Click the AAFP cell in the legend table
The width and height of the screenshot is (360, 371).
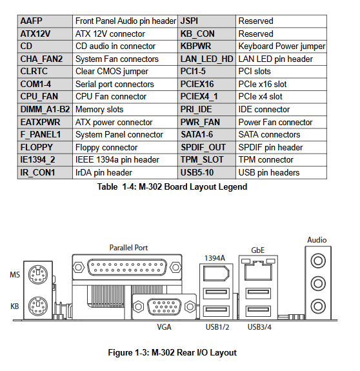[x=45, y=21]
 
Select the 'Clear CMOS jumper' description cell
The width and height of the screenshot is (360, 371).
[x=125, y=72]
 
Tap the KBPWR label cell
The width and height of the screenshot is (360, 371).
[x=206, y=46]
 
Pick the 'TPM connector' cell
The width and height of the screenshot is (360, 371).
[x=281, y=160]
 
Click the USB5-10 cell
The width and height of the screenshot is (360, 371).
[x=206, y=172]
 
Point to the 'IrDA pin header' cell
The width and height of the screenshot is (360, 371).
[x=125, y=172]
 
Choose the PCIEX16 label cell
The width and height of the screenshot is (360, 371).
[x=206, y=85]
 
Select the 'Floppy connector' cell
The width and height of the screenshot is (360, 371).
[x=125, y=147]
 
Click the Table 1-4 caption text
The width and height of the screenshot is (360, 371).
[x=172, y=187]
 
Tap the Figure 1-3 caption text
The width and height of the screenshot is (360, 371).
[x=172, y=352]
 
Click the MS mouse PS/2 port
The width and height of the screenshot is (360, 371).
[x=38, y=274]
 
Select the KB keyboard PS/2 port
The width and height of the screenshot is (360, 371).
[x=38, y=306]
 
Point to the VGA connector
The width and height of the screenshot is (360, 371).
[x=164, y=306]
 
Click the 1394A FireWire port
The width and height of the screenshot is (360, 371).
[x=216, y=274]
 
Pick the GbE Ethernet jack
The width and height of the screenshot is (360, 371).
[x=258, y=271]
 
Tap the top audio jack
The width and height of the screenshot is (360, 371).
[x=318, y=261]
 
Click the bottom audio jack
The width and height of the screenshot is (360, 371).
[x=318, y=306]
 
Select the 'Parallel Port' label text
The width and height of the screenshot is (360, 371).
[x=128, y=248]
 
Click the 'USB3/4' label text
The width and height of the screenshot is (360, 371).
[x=259, y=327]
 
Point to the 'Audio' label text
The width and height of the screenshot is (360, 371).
[x=317, y=240]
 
